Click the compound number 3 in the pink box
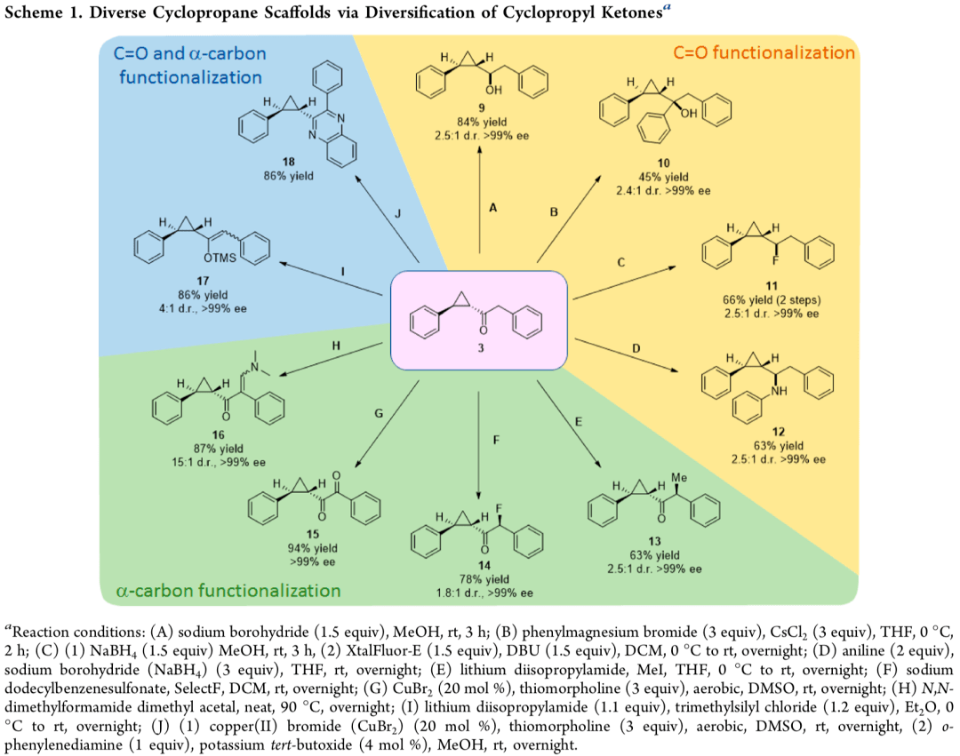(481, 348)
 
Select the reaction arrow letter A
(492, 206)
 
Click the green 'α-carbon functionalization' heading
(228, 590)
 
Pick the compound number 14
(480, 565)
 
